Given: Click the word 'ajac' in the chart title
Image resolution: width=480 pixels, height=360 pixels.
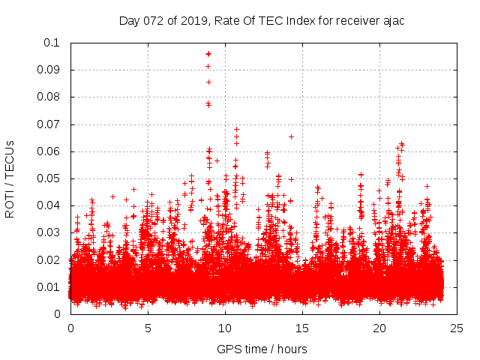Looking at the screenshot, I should [x=392, y=20].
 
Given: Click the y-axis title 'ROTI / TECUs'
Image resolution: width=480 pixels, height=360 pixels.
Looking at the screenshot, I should [x=10, y=178].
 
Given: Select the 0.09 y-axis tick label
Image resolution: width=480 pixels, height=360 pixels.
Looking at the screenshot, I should [x=51, y=70].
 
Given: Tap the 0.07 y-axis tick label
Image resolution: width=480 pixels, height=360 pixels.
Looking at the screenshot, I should [x=51, y=124].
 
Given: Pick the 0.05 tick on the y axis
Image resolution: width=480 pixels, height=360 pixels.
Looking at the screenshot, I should [x=51, y=178].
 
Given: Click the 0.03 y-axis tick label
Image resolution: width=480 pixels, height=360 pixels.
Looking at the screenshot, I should [x=51, y=232].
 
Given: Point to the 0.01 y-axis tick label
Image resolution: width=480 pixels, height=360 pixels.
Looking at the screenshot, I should [x=51, y=287].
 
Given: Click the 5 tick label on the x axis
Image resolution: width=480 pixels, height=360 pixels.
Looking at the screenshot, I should [x=148, y=328].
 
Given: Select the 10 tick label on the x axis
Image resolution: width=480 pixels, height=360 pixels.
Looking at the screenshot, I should [x=225, y=328].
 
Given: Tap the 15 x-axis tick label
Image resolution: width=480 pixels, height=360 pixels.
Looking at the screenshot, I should [x=302, y=328].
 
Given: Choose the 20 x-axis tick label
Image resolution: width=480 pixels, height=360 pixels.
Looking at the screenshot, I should [x=380, y=328].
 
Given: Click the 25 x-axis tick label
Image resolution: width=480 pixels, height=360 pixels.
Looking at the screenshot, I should [x=457, y=328].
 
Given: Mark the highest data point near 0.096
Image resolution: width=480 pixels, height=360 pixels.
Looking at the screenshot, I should [x=208, y=54].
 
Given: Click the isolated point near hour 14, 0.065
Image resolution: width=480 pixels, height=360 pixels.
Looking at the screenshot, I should [x=291, y=136].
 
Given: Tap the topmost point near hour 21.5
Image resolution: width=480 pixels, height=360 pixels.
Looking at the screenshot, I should [x=401, y=143].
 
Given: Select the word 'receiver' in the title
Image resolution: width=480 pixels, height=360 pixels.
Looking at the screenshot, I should [x=353, y=20].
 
